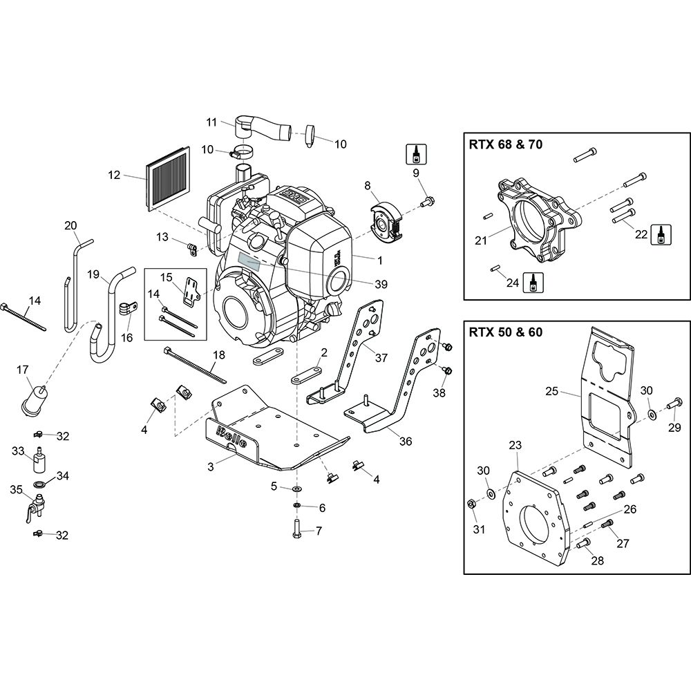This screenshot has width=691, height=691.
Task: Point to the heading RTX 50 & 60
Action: (x=506, y=331)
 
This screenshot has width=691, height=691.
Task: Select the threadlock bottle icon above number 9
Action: (x=417, y=153)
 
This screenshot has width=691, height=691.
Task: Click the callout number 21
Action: (x=481, y=240)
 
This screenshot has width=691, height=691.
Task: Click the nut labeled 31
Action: (x=472, y=504)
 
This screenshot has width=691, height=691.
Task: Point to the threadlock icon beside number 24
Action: (x=532, y=281)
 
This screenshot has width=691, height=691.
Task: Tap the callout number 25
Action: (x=551, y=392)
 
